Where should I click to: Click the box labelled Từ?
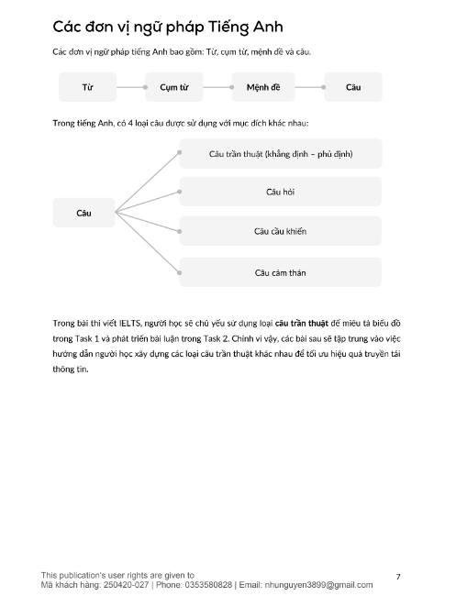click(88, 87)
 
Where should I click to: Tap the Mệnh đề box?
click(262, 87)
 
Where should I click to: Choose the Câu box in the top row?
click(353, 87)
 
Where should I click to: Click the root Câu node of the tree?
click(84, 213)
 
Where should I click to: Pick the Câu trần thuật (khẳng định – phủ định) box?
click(280, 154)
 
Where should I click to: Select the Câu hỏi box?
click(280, 193)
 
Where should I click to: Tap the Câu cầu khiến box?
click(280, 232)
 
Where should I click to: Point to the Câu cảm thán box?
click(280, 272)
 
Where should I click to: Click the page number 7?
click(397, 577)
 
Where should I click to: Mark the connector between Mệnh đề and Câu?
click(308, 87)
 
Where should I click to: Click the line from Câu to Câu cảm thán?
click(147, 242)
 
